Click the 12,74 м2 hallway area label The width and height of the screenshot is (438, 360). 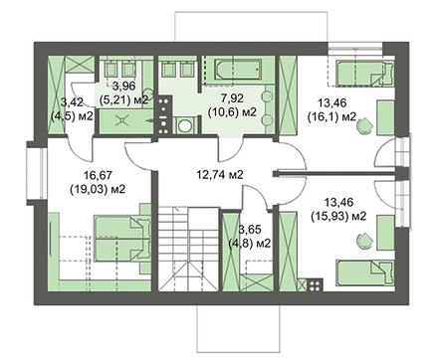pyautogui.click(x=220, y=174)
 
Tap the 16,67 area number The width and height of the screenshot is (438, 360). pyautogui.click(x=98, y=175)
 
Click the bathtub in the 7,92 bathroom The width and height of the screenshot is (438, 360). pyautogui.click(x=239, y=70)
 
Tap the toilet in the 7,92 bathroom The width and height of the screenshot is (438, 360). pyautogui.click(x=183, y=125)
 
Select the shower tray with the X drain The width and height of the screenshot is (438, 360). pyautogui.click(x=126, y=121)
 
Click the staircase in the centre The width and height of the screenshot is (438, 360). pyautogui.click(x=188, y=249)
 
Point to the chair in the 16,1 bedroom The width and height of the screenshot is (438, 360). pyautogui.click(x=365, y=126)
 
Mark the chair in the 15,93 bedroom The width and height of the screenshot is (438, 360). pyautogui.click(x=365, y=241)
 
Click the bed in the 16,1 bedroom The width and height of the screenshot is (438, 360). pyautogui.click(x=365, y=74)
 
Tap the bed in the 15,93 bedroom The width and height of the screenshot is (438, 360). pyautogui.click(x=365, y=272)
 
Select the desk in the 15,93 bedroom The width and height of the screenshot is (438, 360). pyautogui.click(x=385, y=232)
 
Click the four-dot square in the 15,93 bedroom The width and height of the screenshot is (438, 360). pyautogui.click(x=315, y=284)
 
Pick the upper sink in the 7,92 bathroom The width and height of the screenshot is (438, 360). pyautogui.click(x=268, y=96)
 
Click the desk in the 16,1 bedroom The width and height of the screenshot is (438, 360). pyautogui.click(x=385, y=118)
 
